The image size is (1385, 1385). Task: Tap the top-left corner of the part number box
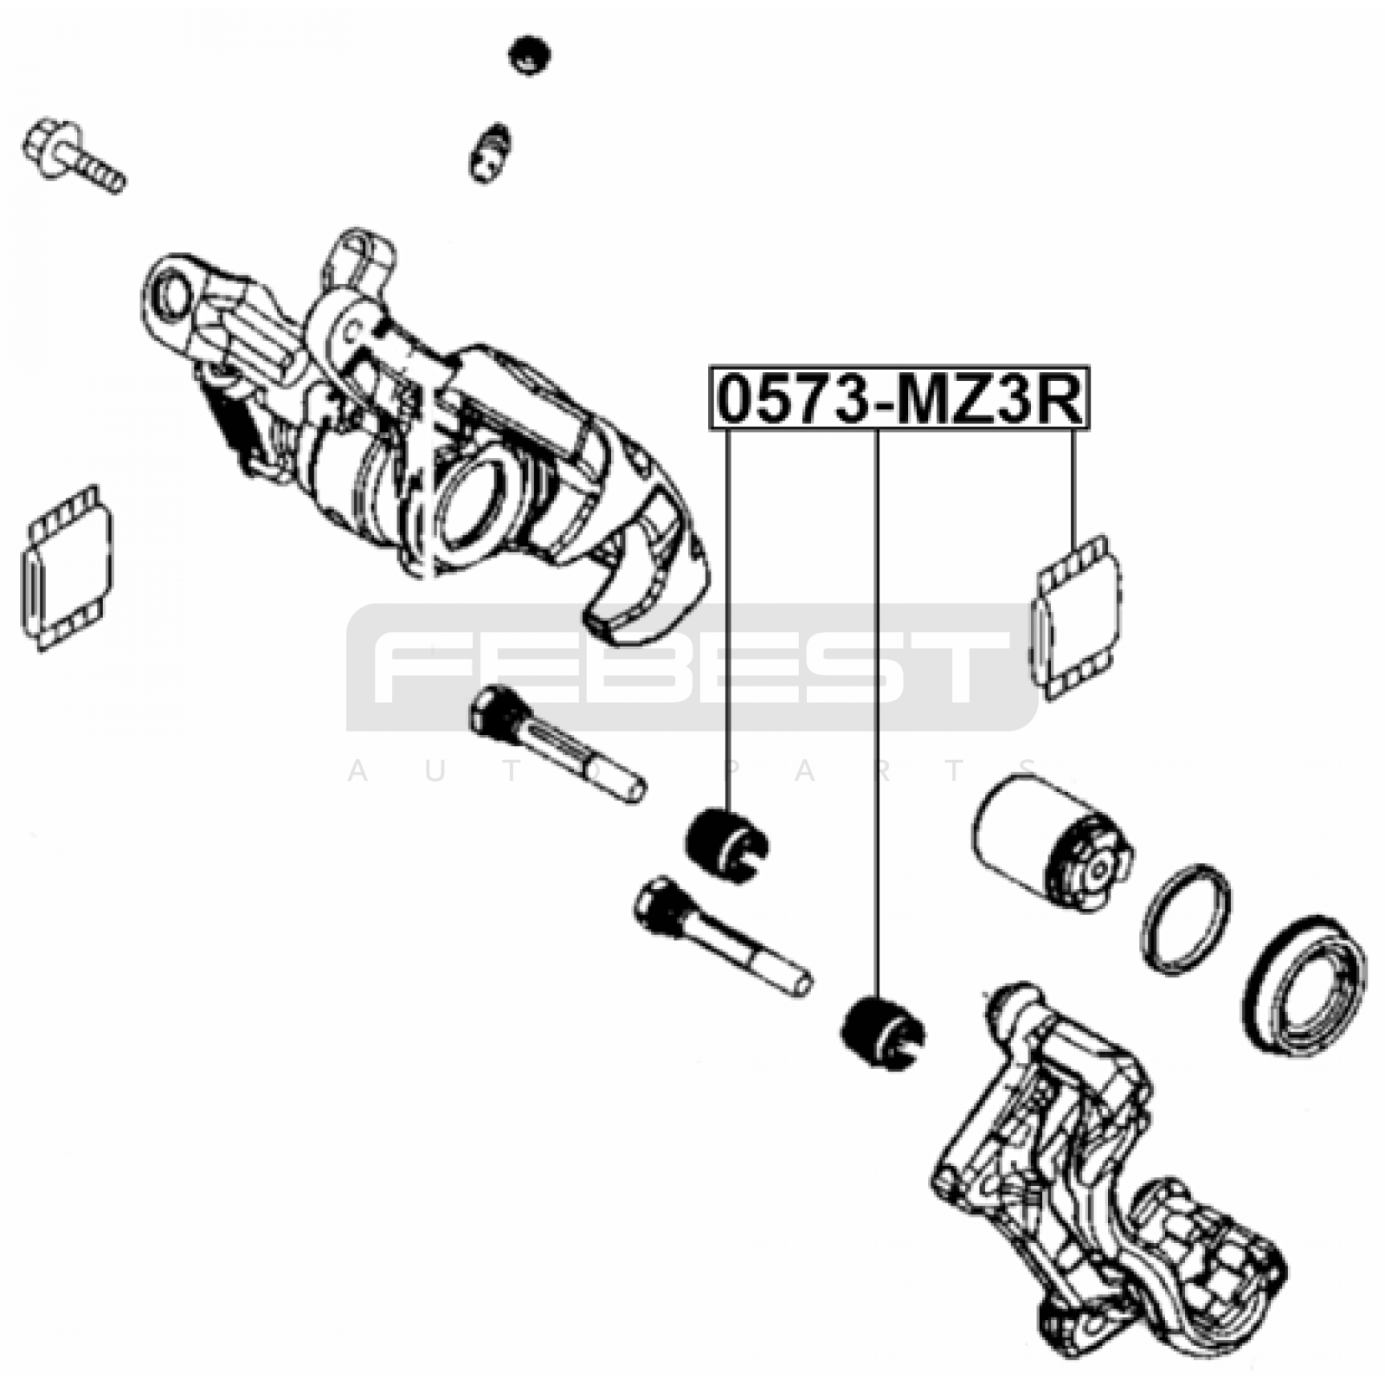[x=711, y=365]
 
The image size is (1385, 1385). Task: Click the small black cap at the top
[x=530, y=56]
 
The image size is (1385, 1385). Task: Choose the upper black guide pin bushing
[x=725, y=844]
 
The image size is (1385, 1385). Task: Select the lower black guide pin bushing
[x=883, y=1034]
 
